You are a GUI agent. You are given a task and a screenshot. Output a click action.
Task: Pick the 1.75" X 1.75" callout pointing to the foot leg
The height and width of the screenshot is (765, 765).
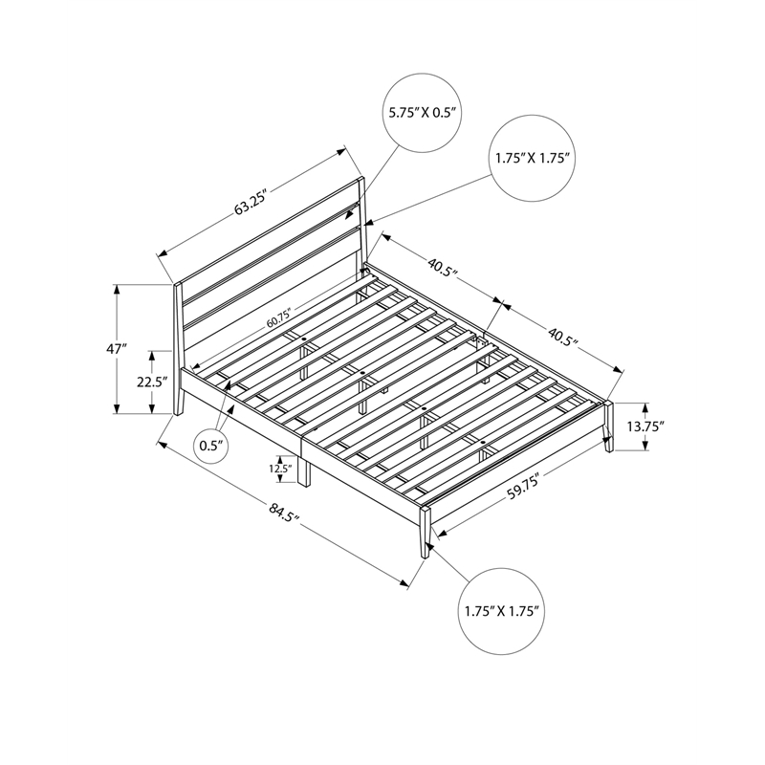(505, 608)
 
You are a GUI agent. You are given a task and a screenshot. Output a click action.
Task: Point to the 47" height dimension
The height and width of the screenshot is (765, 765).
(116, 350)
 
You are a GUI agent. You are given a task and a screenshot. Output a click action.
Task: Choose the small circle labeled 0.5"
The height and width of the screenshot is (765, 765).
(211, 445)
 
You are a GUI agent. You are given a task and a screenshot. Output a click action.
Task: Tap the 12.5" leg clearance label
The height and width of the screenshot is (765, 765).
(279, 469)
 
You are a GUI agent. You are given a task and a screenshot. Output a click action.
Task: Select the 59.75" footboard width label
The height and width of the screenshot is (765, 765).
(523, 488)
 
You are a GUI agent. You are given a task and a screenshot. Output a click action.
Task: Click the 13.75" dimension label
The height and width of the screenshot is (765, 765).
(646, 427)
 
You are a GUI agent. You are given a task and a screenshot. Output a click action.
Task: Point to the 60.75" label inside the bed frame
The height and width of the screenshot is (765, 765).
(278, 317)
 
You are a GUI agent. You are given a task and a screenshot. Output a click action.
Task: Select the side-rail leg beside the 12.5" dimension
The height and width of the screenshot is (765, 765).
(304, 470)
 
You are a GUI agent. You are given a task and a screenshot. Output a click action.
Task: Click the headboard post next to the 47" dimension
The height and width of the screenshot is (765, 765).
(178, 349)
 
